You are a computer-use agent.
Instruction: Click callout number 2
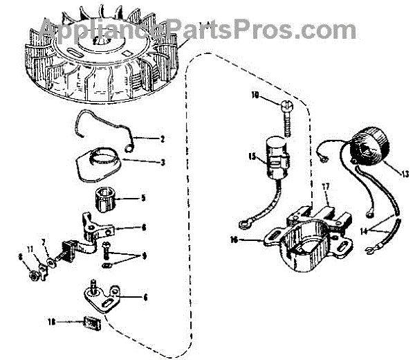pos(162,139)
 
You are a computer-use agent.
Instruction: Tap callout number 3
pos(162,163)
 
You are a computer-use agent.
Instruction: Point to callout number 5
pos(142,198)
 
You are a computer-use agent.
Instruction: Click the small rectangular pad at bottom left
pos(89,322)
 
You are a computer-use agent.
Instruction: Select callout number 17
pos(325,186)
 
